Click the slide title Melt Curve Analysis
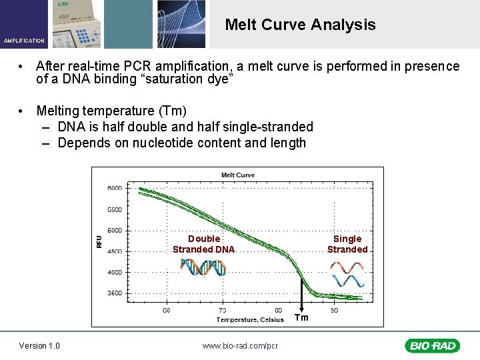tap(300, 25)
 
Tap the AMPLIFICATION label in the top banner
tap(24, 41)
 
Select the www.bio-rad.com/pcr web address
tap(240, 345)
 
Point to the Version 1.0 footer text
tap(39, 345)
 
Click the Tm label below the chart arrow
tap(302, 317)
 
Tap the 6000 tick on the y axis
tap(115, 189)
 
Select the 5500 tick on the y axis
tap(115, 210)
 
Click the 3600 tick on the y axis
tap(115, 293)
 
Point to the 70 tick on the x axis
tap(222, 310)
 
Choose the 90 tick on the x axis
tap(334, 310)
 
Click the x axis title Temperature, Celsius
tap(250, 319)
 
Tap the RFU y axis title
tap(99, 241)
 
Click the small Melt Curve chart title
tap(238, 175)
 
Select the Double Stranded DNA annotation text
tap(203, 244)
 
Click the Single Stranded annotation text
tap(347, 244)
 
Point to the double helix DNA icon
tap(203, 267)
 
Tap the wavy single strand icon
tap(347, 273)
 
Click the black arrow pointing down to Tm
tap(301, 293)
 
